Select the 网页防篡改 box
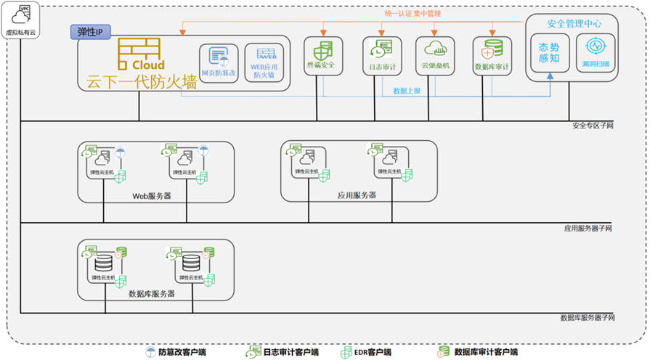(219, 62)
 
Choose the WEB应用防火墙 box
(264, 62)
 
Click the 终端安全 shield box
(321, 56)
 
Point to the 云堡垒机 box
(436, 56)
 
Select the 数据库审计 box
(492, 56)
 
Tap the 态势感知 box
(550, 53)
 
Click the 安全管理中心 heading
(574, 23)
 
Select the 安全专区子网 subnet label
(593, 126)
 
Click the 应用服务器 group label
(357, 195)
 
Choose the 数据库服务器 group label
(152, 294)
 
